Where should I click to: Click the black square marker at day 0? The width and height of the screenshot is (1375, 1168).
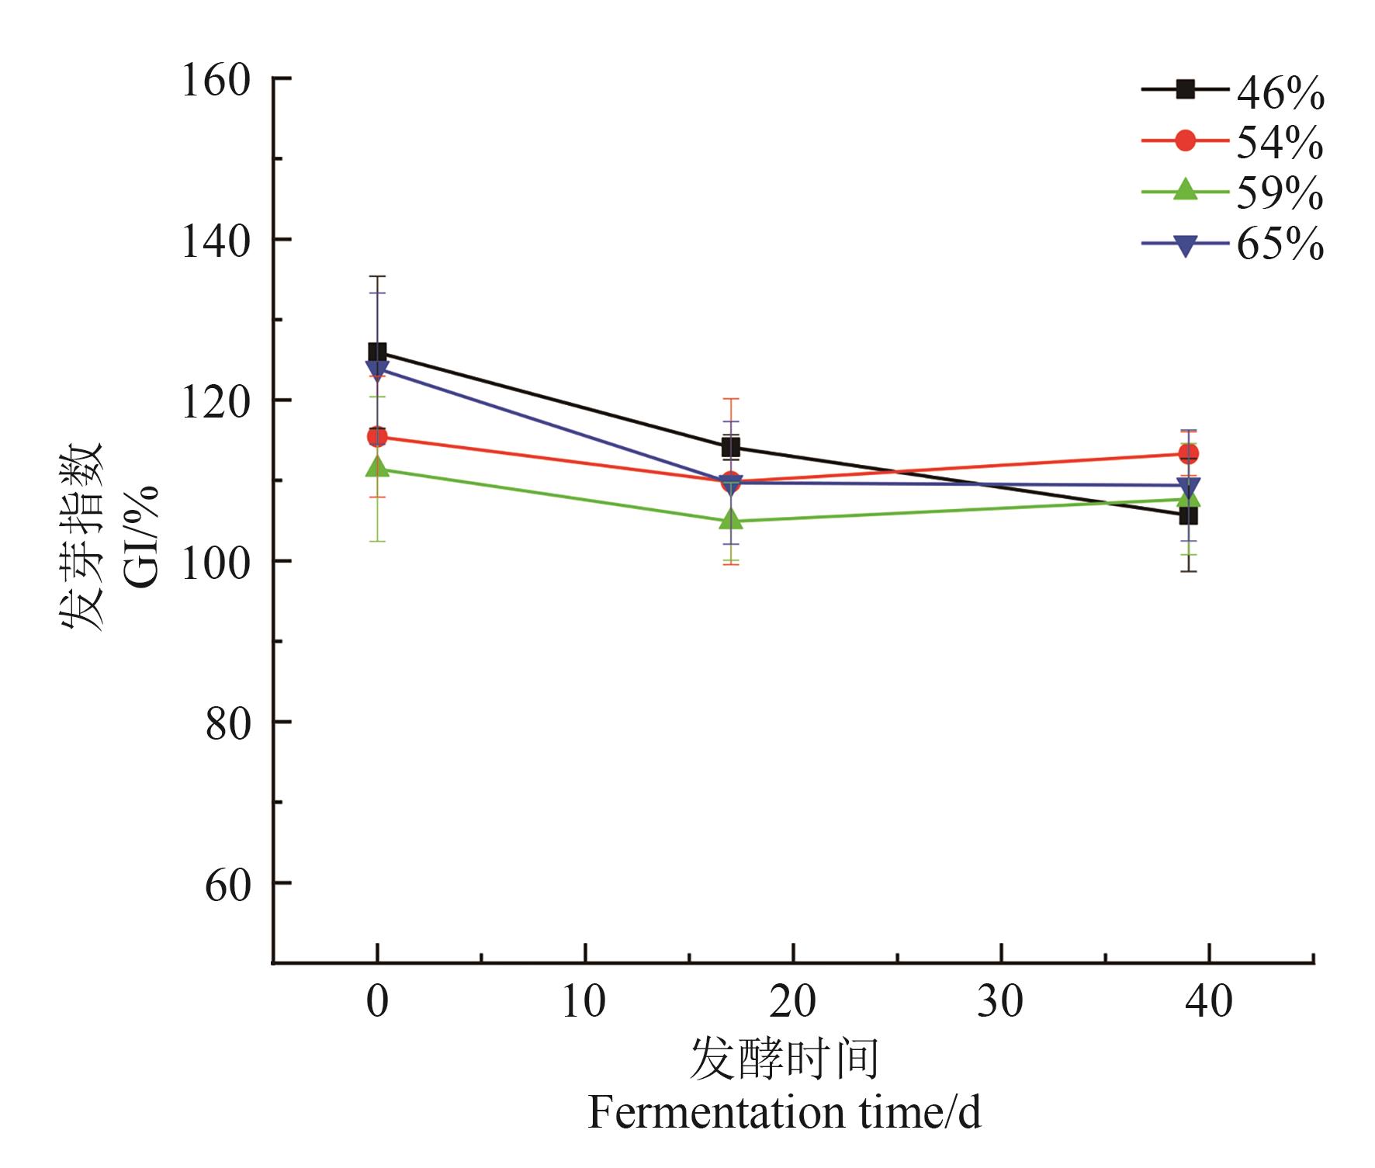pyautogui.click(x=377, y=352)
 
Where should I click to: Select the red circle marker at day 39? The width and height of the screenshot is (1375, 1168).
pyautogui.click(x=1188, y=453)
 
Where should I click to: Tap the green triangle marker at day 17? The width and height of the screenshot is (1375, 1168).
pyautogui.click(x=731, y=519)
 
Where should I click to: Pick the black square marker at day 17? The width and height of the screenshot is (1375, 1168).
pyautogui.click(x=731, y=447)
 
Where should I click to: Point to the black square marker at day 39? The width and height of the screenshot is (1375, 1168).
pyautogui.click(x=1188, y=515)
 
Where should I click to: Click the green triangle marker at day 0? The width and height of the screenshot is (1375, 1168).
pyautogui.click(x=377, y=466)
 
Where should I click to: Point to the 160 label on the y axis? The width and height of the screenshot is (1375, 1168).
pyautogui.click(x=216, y=80)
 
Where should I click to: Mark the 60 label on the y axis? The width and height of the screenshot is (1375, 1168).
pyautogui.click(x=227, y=884)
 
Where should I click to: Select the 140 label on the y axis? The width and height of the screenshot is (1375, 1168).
pyautogui.click(x=216, y=241)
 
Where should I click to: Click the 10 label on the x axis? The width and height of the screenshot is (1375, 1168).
pyautogui.click(x=584, y=1001)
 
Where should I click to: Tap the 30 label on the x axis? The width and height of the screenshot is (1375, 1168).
pyautogui.click(x=1000, y=1001)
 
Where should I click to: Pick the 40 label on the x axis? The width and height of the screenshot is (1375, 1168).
pyautogui.click(x=1209, y=1001)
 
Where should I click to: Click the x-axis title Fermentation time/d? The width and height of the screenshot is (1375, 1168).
pyautogui.click(x=784, y=1113)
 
